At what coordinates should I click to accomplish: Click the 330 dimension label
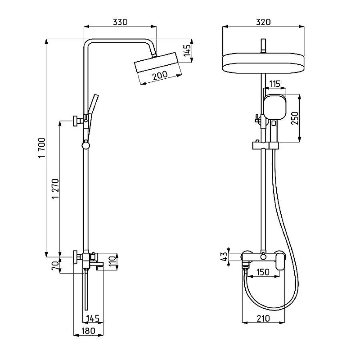(x=120, y=22)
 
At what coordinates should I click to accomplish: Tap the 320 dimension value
(x=263, y=22)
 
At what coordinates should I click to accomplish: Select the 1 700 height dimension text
(x=42, y=148)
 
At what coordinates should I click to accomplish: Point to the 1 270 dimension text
(x=55, y=189)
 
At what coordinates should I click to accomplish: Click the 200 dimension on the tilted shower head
(x=160, y=75)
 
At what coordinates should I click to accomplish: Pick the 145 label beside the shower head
(x=187, y=50)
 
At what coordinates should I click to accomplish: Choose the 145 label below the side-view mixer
(x=93, y=318)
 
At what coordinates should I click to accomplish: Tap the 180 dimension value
(x=88, y=331)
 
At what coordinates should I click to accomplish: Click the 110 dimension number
(x=112, y=261)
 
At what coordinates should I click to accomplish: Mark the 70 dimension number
(x=55, y=265)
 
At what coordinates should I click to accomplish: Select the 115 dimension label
(x=274, y=84)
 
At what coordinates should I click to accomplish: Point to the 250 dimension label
(x=295, y=118)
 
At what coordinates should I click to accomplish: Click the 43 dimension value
(x=224, y=256)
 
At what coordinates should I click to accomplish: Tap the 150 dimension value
(x=263, y=272)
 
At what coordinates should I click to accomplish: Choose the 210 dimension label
(x=263, y=319)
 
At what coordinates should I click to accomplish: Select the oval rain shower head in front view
(x=263, y=63)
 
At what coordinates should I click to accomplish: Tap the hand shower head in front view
(x=275, y=107)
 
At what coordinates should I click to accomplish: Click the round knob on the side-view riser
(x=85, y=145)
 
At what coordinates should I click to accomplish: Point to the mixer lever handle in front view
(x=280, y=261)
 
